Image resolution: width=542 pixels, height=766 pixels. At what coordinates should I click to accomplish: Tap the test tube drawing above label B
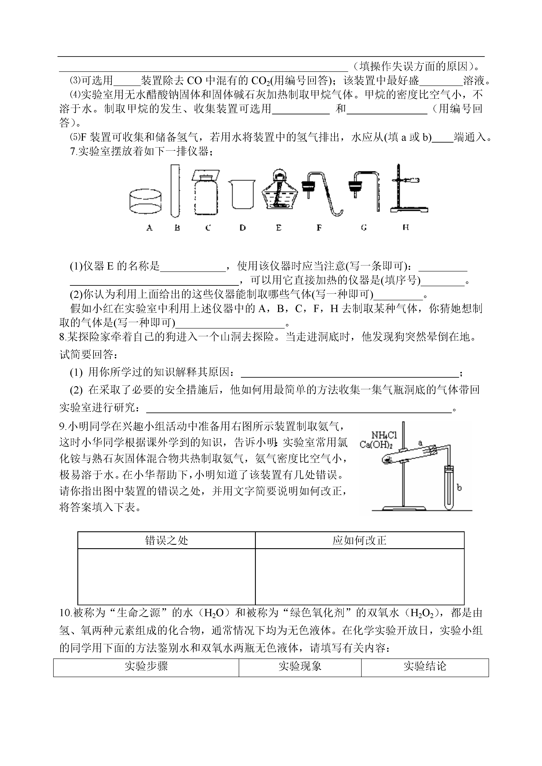click(175, 191)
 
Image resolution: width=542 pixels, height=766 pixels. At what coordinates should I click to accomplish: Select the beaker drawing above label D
click(242, 194)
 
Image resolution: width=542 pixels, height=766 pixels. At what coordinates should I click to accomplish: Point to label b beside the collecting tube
click(459, 488)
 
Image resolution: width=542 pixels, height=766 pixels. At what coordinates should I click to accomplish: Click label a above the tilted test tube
click(420, 443)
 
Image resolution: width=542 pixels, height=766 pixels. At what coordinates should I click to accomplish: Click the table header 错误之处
click(166, 540)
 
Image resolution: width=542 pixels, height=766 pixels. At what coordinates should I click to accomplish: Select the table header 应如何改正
click(359, 540)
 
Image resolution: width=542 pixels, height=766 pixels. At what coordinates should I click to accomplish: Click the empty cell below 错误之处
click(166, 576)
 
